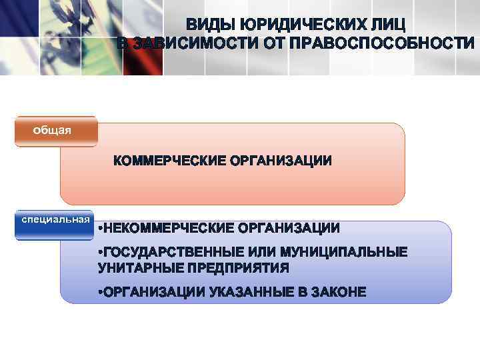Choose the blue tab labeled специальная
[55, 219]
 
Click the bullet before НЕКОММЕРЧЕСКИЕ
[99, 229]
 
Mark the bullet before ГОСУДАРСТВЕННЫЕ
[99, 253]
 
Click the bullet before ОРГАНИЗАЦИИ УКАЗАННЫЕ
[99, 293]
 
